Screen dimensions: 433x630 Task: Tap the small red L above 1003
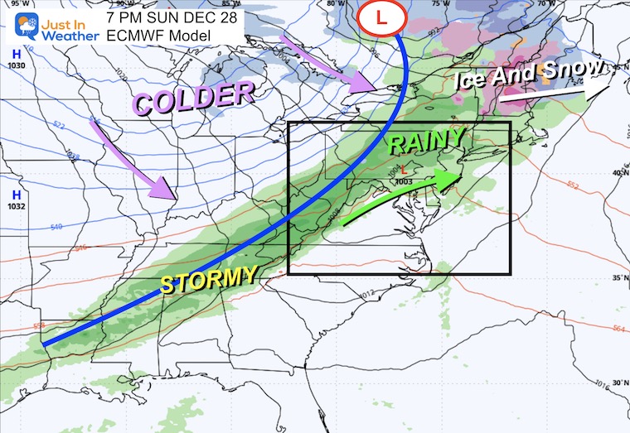point(404,172)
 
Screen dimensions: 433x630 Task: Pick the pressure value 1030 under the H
point(14,65)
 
